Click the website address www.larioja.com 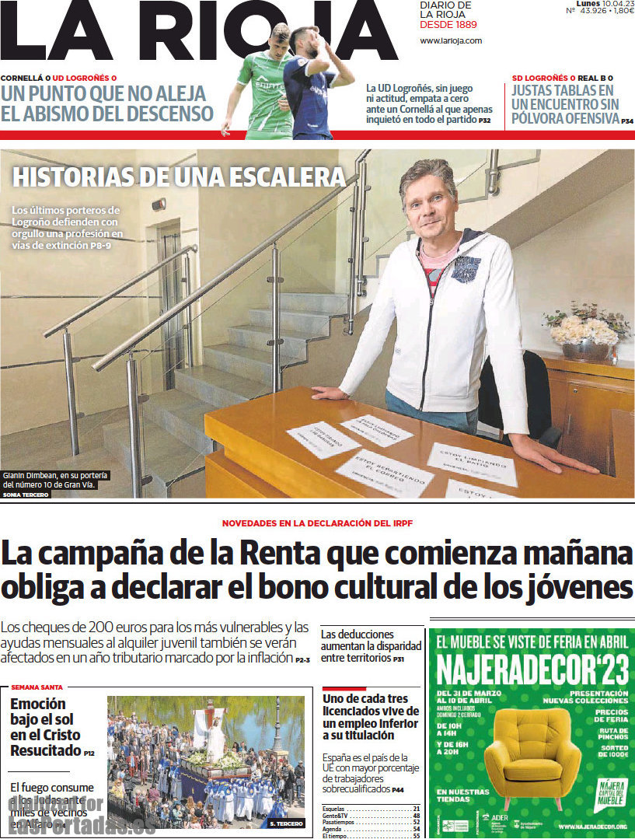coord(451,40)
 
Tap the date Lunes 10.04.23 coord(599,4)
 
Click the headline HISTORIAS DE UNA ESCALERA coord(179,177)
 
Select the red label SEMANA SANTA coord(37,687)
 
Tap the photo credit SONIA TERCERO coord(26,494)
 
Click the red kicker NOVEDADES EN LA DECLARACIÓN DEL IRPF coord(317,523)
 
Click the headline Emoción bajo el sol coord(45,727)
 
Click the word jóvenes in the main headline coord(571,586)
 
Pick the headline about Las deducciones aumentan coord(371,645)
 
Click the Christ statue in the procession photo coord(209,727)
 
